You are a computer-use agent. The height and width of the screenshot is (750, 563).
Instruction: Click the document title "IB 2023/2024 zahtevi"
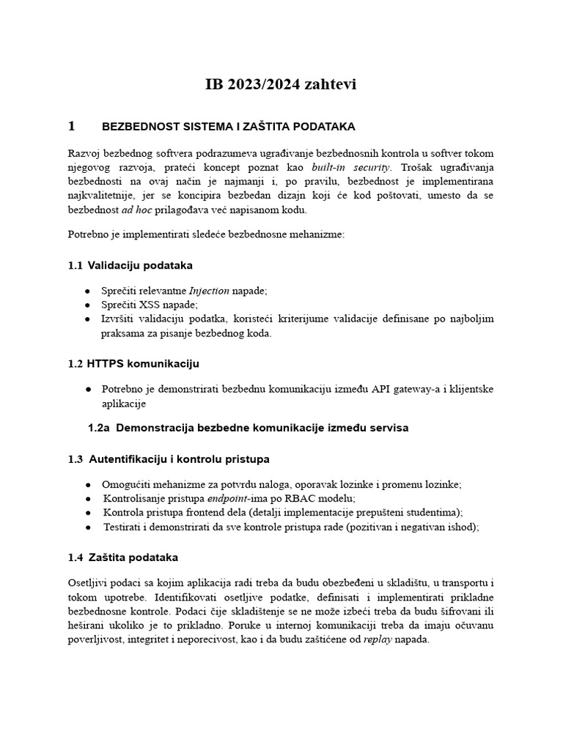pos(281,85)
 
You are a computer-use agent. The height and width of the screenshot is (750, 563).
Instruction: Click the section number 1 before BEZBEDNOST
pos(71,126)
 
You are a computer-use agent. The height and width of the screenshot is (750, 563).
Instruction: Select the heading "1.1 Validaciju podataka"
pos(130,264)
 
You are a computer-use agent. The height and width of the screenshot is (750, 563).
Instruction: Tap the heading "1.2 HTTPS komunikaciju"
pos(133,363)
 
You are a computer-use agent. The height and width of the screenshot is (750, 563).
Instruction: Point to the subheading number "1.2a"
pos(99,427)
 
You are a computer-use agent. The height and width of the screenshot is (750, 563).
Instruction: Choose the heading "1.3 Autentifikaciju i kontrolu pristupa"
pos(169,458)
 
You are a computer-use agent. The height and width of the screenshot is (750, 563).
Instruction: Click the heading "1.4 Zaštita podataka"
pos(122,557)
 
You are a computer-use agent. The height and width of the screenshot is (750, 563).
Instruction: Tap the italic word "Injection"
pos(209,291)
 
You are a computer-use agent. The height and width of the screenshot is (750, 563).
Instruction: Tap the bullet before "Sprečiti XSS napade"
pos(88,305)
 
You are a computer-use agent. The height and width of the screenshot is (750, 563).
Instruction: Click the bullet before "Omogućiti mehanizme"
pos(88,485)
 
